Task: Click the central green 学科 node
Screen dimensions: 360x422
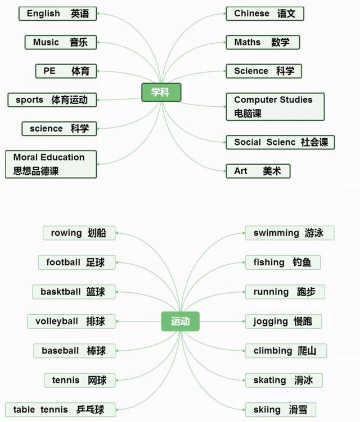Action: point(161,92)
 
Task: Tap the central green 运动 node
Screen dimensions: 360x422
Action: point(180,321)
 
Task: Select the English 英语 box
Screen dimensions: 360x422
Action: point(58,13)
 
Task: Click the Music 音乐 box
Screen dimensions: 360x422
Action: point(61,42)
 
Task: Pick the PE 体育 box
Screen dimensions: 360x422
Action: point(66,71)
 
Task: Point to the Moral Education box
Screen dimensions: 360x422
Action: point(51,164)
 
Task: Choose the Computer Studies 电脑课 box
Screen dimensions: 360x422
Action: point(275,107)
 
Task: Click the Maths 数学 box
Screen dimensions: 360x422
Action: point(263,42)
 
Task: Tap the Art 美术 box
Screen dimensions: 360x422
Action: point(258,171)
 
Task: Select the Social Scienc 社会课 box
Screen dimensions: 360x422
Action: point(280,142)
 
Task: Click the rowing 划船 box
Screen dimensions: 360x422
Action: point(79,233)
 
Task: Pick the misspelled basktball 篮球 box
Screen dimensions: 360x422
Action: point(74,292)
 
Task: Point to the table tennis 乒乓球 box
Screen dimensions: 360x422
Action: point(60,410)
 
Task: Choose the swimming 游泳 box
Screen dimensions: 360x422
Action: point(290,233)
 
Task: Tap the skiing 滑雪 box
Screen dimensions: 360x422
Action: point(281,410)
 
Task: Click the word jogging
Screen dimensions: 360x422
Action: point(271,321)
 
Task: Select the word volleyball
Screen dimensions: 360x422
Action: point(57,321)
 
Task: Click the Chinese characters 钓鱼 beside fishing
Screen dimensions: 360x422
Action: point(302,262)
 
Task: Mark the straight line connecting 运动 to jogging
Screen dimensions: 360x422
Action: point(222,321)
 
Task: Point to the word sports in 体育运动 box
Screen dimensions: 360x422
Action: point(29,100)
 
